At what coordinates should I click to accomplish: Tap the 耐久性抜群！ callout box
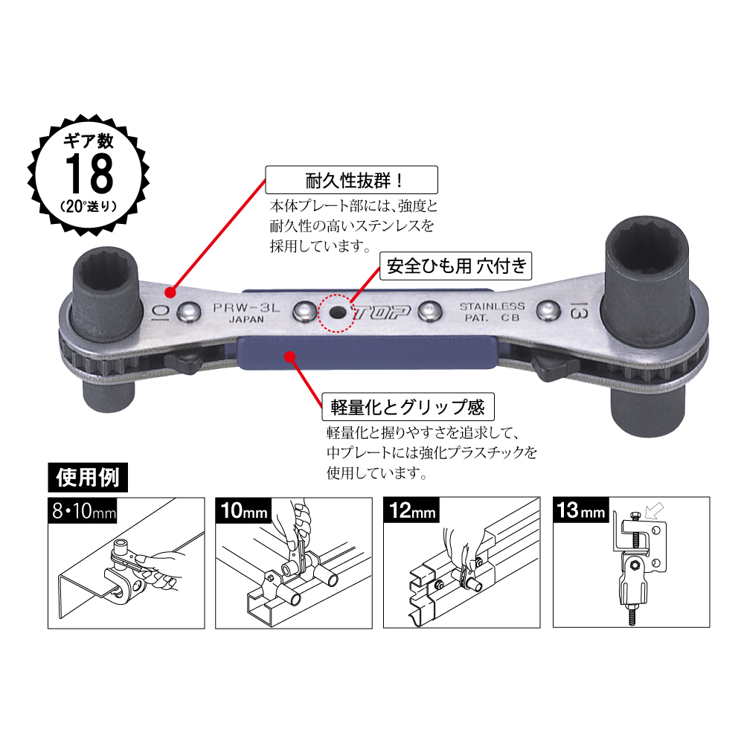tap(351, 180)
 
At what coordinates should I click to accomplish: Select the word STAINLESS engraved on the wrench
tap(492, 306)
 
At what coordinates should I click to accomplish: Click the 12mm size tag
tap(411, 512)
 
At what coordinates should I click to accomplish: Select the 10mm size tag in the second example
tap(241, 512)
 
